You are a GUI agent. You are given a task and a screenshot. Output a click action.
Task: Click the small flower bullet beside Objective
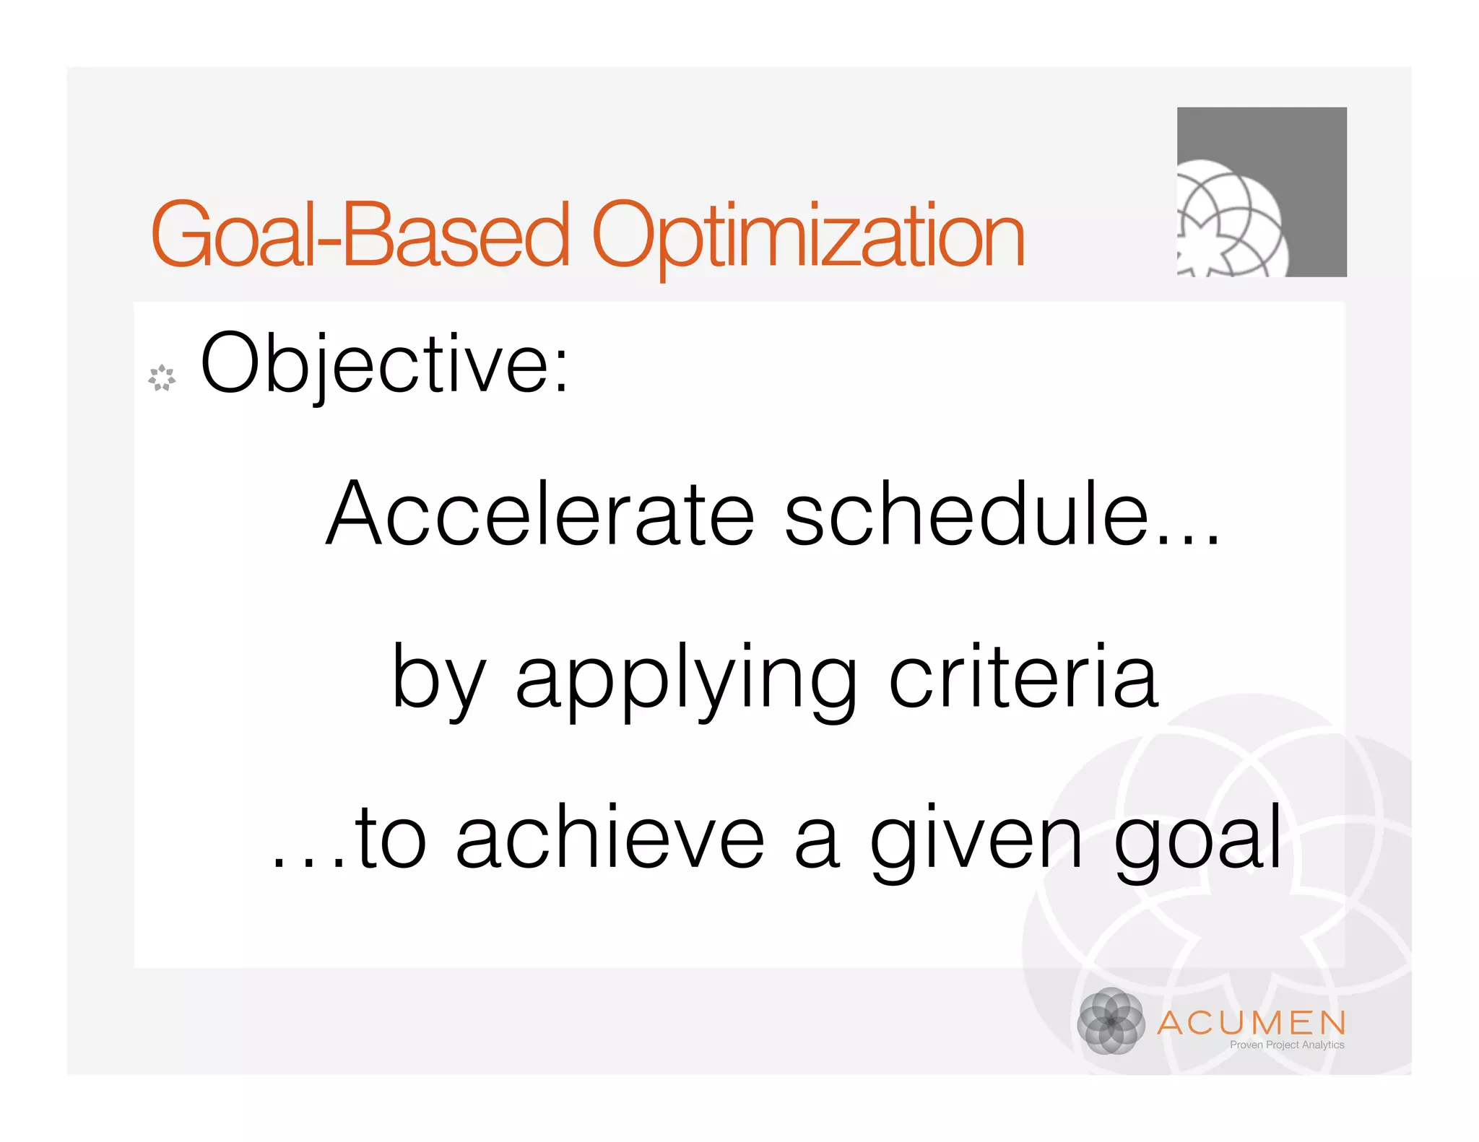click(x=162, y=378)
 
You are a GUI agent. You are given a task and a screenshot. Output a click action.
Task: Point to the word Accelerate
click(x=540, y=513)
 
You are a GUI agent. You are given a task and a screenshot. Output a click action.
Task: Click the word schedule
click(x=966, y=513)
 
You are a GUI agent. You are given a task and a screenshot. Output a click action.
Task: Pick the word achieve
click(x=610, y=837)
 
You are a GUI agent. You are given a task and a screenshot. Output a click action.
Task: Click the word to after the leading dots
click(x=391, y=837)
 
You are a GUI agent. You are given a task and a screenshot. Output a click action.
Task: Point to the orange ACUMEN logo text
click(x=1252, y=1023)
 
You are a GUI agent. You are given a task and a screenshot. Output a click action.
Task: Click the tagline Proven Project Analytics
click(x=1286, y=1045)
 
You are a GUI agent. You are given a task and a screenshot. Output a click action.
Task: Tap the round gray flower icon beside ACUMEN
click(x=1111, y=1021)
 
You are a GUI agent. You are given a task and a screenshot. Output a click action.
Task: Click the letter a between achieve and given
click(x=816, y=841)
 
